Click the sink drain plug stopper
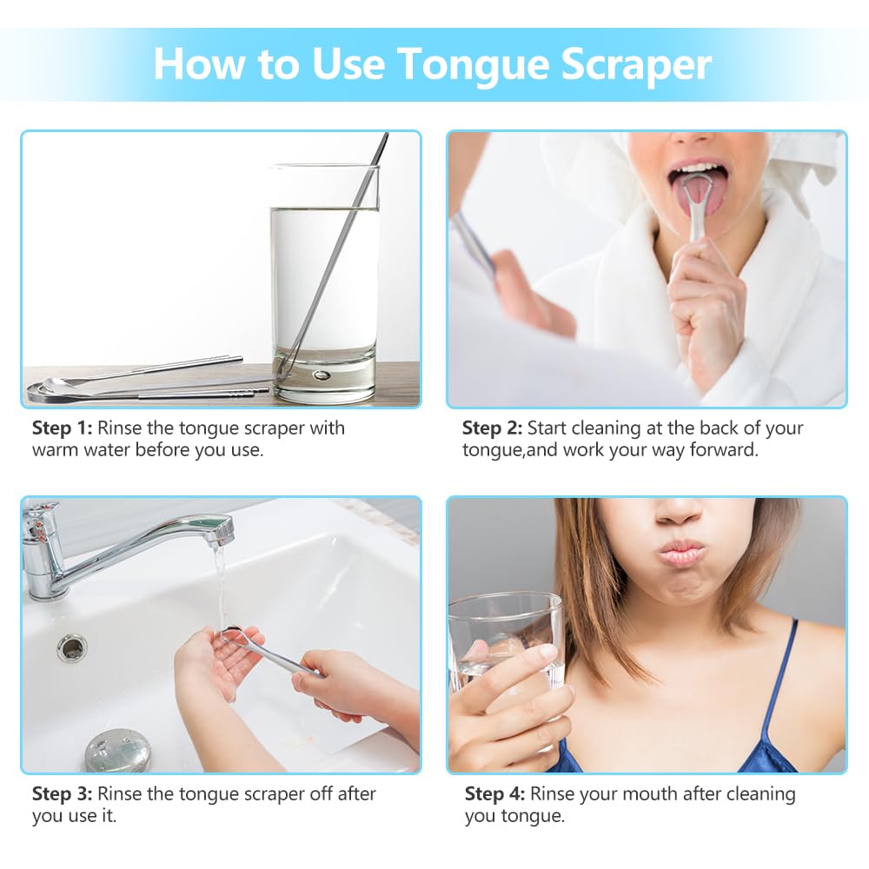coord(117,752)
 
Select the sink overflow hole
coord(71,647)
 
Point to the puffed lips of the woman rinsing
coord(680,552)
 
